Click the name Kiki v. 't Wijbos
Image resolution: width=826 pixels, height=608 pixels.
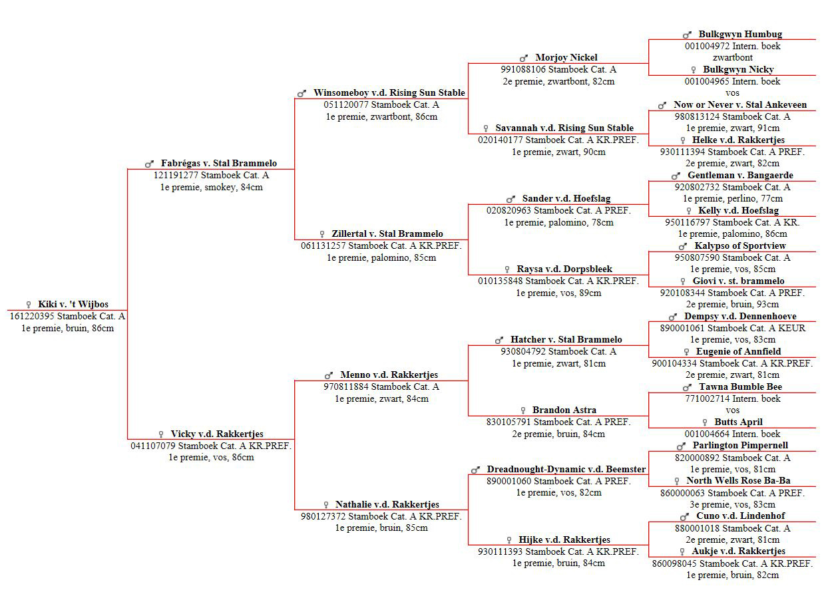tap(73, 305)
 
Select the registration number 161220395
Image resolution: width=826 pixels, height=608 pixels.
tap(32, 316)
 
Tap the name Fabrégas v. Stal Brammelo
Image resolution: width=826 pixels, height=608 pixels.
tap(219, 163)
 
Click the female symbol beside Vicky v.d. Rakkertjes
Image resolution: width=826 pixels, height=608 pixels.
tap(161, 434)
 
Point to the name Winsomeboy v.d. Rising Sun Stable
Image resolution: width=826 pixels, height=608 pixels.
tap(389, 92)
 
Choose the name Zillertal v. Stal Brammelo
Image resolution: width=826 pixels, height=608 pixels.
tap(387, 233)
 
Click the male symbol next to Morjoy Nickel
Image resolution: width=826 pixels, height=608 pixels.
tap(524, 59)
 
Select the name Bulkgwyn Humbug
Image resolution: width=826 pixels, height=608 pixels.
tap(740, 35)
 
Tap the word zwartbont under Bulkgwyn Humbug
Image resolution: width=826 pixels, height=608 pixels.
tap(732, 57)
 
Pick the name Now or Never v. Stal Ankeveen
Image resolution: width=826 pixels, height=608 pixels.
tap(740, 104)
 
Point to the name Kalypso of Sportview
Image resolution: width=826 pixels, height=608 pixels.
tap(740, 245)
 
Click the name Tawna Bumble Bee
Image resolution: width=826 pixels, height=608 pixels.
tap(740, 387)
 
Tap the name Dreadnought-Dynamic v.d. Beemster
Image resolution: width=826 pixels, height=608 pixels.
tap(566, 469)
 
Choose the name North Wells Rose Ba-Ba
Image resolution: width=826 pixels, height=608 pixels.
tap(738, 480)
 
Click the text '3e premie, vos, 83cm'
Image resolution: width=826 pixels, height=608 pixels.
tap(732, 504)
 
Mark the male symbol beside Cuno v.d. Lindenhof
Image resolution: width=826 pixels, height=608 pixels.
tap(684, 517)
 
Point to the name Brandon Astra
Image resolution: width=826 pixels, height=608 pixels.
tap(564, 410)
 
